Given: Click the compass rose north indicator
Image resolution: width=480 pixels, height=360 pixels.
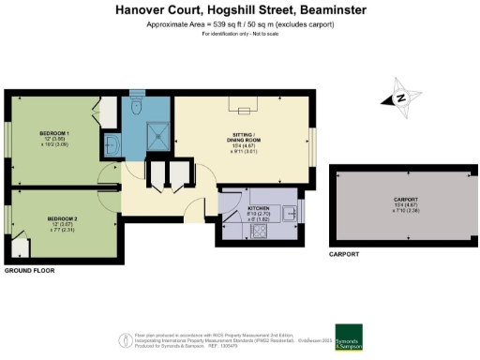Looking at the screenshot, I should point(400,98).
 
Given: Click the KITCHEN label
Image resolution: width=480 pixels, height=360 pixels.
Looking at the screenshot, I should point(260,208).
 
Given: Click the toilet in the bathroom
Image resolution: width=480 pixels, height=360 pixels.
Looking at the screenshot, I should point(137,109).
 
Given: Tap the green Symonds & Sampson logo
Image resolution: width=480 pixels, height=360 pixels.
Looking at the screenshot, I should point(375,337).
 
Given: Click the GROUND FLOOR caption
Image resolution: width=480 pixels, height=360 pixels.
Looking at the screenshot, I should point(29,270).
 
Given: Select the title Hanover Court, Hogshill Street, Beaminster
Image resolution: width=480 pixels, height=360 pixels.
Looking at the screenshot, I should point(240,9).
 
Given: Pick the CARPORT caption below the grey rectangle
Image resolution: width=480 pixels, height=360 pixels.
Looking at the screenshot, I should point(343,254).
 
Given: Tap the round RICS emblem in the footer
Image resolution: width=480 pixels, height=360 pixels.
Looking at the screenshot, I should point(125,338).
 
